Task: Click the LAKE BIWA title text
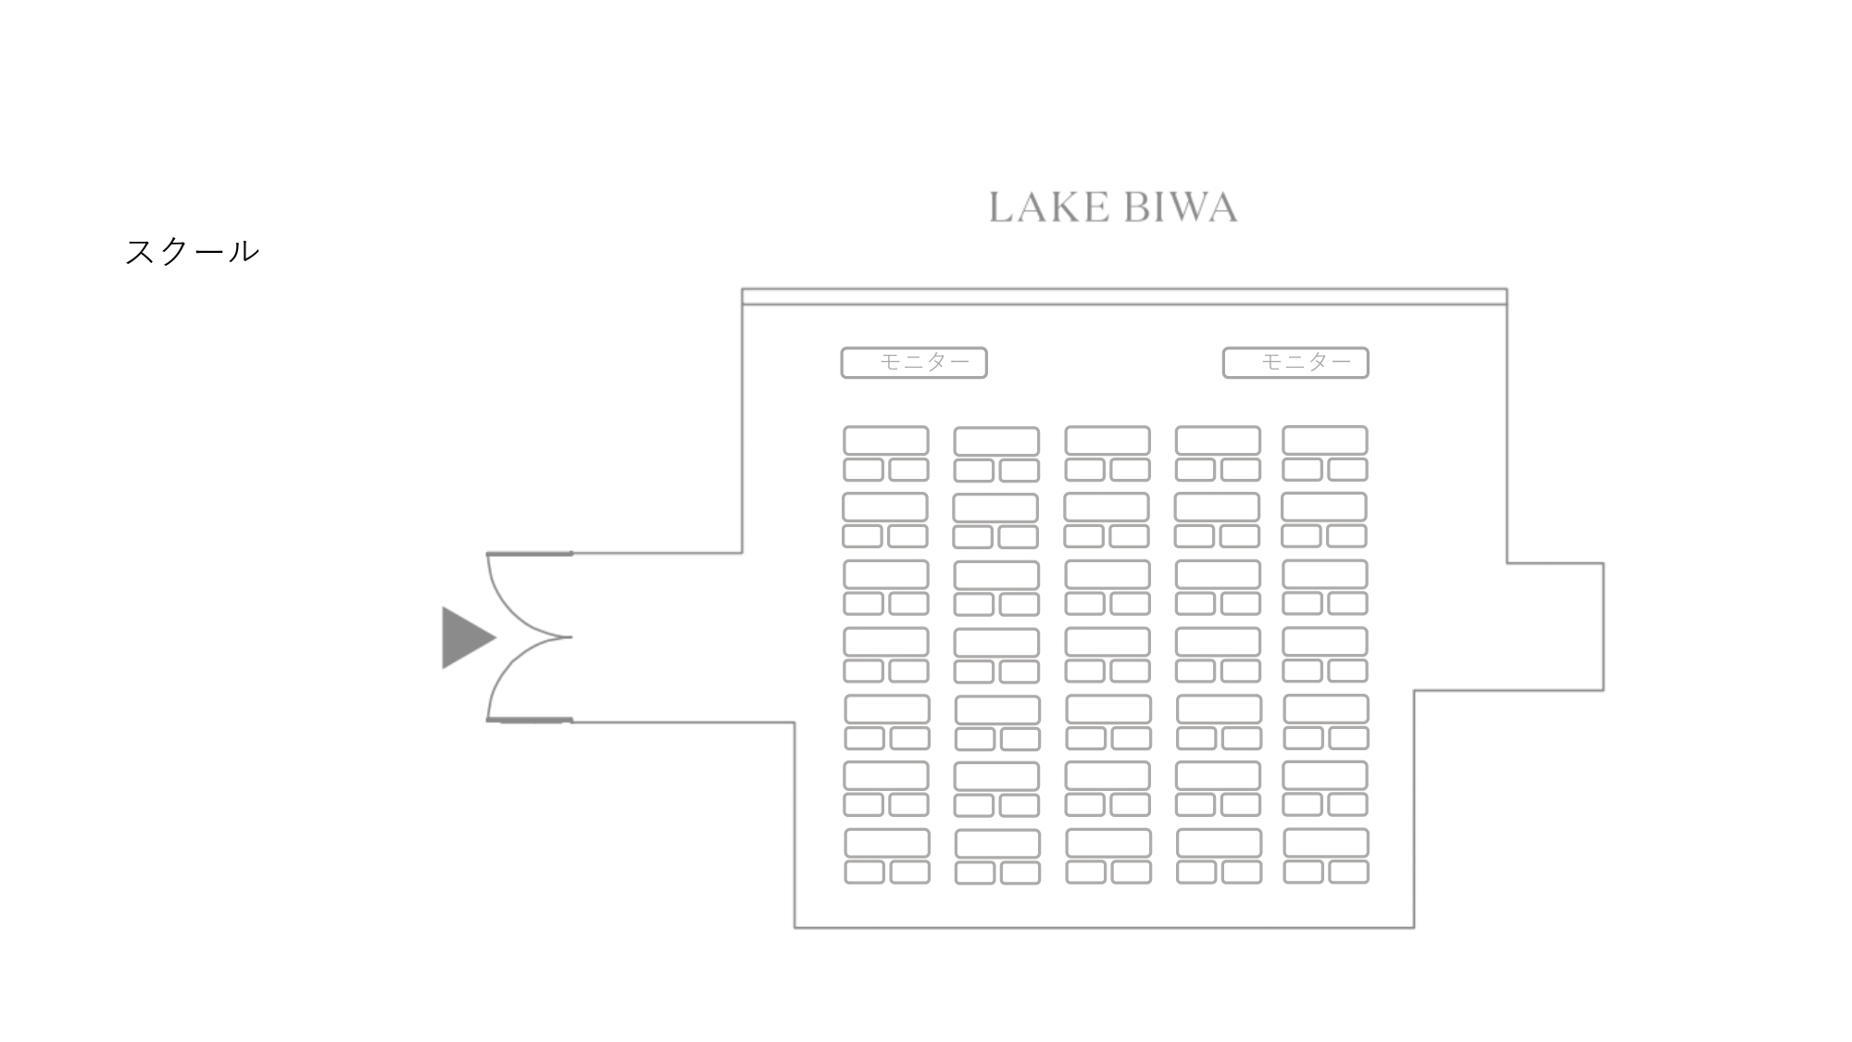(1113, 207)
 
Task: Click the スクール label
(192, 251)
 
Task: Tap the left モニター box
(914, 362)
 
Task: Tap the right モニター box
(1295, 362)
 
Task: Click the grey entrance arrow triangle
(466, 637)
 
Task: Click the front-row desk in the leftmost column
(886, 440)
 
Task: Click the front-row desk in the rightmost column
(1325, 440)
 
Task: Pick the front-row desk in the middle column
(1107, 440)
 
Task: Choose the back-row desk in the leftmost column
(887, 843)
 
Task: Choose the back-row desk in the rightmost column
(1326, 843)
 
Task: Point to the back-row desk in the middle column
(1108, 843)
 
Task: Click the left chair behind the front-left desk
(863, 470)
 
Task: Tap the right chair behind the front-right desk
(1348, 470)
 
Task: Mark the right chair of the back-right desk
(1349, 872)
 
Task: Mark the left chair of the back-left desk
(864, 873)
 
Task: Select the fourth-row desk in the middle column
(1107, 641)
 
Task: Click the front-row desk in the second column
(996, 441)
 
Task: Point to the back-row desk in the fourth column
(1219, 843)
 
